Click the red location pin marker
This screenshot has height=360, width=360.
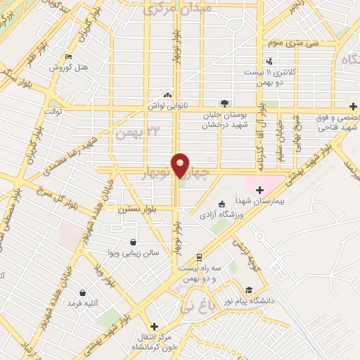point(181,165)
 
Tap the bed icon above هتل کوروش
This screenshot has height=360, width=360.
point(67,57)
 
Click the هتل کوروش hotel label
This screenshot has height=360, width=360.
point(68,67)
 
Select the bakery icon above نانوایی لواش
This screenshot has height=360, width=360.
point(167,94)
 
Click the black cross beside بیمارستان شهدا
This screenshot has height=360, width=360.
point(259,190)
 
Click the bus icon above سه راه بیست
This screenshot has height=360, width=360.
point(200,257)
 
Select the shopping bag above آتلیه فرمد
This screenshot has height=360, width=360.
point(83,292)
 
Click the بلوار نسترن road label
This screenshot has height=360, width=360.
point(136,209)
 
